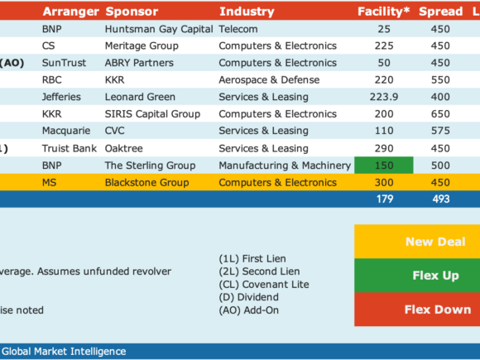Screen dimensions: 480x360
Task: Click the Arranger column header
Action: (x=70, y=12)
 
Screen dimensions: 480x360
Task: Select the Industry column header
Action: (x=247, y=12)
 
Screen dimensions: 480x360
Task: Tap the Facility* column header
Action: (x=383, y=12)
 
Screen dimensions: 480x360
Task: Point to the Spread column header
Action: (x=441, y=12)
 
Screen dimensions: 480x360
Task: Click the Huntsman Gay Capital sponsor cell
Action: (x=159, y=29)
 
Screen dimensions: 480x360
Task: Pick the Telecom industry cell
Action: (x=238, y=29)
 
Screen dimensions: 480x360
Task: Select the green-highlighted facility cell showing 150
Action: (x=384, y=166)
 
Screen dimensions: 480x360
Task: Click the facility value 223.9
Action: (x=384, y=97)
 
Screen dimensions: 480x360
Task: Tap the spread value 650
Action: (x=440, y=114)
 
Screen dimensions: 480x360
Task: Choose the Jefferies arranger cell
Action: (x=61, y=97)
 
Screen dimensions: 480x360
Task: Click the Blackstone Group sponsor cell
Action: (x=147, y=182)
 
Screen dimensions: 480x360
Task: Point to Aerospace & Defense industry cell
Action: (x=269, y=80)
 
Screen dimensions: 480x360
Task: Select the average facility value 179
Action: (x=385, y=199)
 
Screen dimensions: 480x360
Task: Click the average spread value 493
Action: (x=441, y=199)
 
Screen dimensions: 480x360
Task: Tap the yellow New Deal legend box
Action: (x=417, y=242)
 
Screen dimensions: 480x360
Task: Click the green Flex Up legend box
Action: (x=417, y=276)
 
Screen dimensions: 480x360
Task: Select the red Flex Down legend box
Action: (x=417, y=310)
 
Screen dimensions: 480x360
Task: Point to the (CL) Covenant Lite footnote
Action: (x=264, y=285)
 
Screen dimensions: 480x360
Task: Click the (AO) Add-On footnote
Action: (x=248, y=310)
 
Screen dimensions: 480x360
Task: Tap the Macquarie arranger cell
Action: (x=66, y=131)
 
